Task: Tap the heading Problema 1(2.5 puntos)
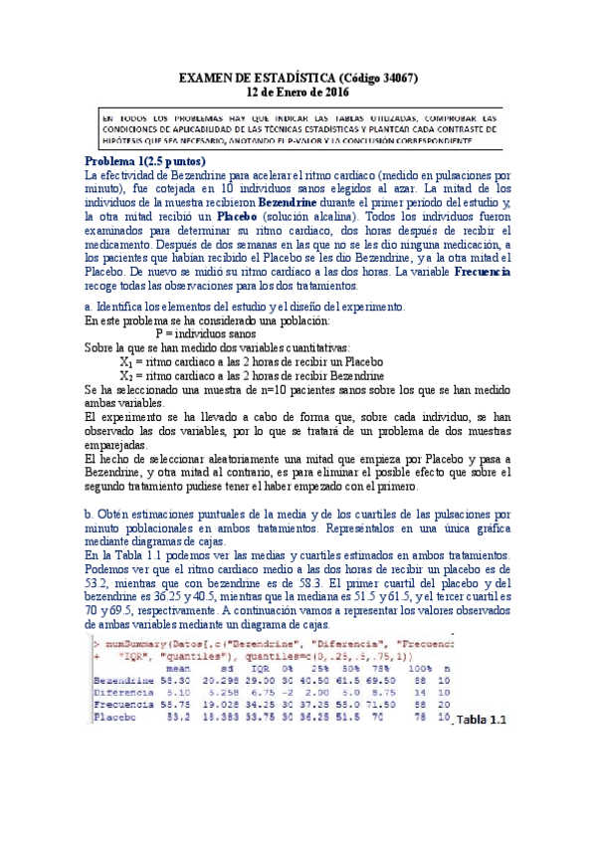145,161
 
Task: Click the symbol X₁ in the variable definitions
126,361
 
